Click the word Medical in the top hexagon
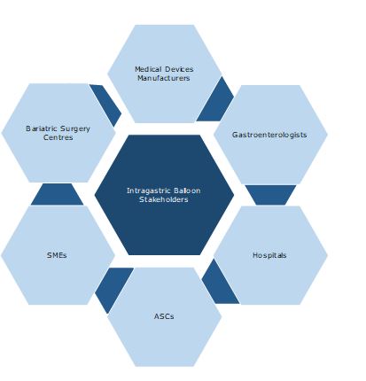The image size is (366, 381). [x=148, y=69]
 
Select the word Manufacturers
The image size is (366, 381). [x=164, y=78]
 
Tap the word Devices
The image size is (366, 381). [x=179, y=69]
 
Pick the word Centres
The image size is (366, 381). [x=58, y=137]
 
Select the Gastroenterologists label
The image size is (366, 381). [x=269, y=135]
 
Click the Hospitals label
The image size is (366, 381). [x=269, y=255]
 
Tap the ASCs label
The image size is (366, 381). [x=164, y=316]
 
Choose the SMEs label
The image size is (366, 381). [x=57, y=255]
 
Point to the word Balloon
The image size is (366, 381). [x=187, y=190]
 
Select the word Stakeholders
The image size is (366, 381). [x=164, y=199]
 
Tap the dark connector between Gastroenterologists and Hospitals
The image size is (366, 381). [x=270, y=194]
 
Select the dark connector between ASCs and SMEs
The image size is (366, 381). [x=112, y=287]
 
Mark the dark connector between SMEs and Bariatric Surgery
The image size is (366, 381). [x=57, y=195]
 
